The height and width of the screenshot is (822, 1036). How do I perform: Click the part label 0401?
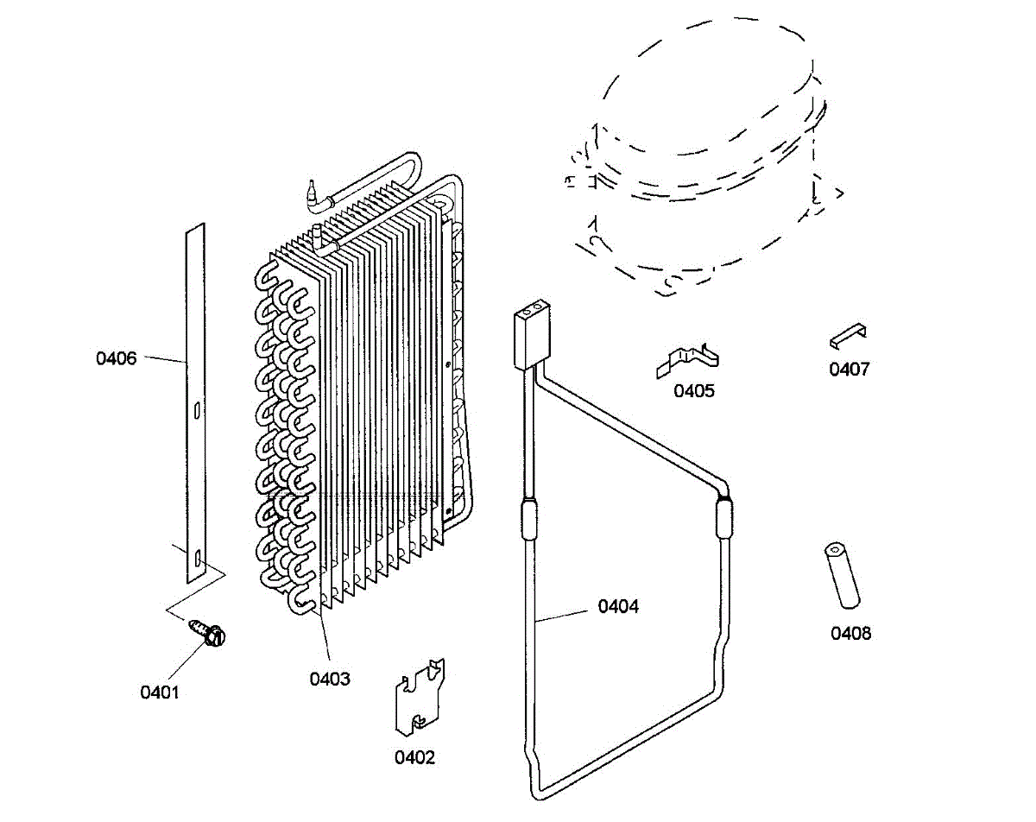click(x=159, y=692)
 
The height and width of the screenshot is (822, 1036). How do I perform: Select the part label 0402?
click(x=414, y=757)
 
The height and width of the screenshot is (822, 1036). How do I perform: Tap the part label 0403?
click(x=330, y=679)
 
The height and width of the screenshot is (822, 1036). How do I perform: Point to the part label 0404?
click(x=618, y=607)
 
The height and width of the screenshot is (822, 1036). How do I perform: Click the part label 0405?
click(x=694, y=390)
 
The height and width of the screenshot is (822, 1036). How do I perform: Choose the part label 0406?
click(x=117, y=358)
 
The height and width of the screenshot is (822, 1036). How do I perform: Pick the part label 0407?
click(x=850, y=370)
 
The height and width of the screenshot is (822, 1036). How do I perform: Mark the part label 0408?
click(x=851, y=634)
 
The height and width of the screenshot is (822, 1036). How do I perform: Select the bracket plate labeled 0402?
click(x=418, y=699)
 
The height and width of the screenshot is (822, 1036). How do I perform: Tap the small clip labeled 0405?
click(x=689, y=359)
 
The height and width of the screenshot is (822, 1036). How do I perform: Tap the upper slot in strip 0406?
click(x=198, y=409)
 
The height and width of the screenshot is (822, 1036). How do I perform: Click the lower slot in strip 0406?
click(x=198, y=560)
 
